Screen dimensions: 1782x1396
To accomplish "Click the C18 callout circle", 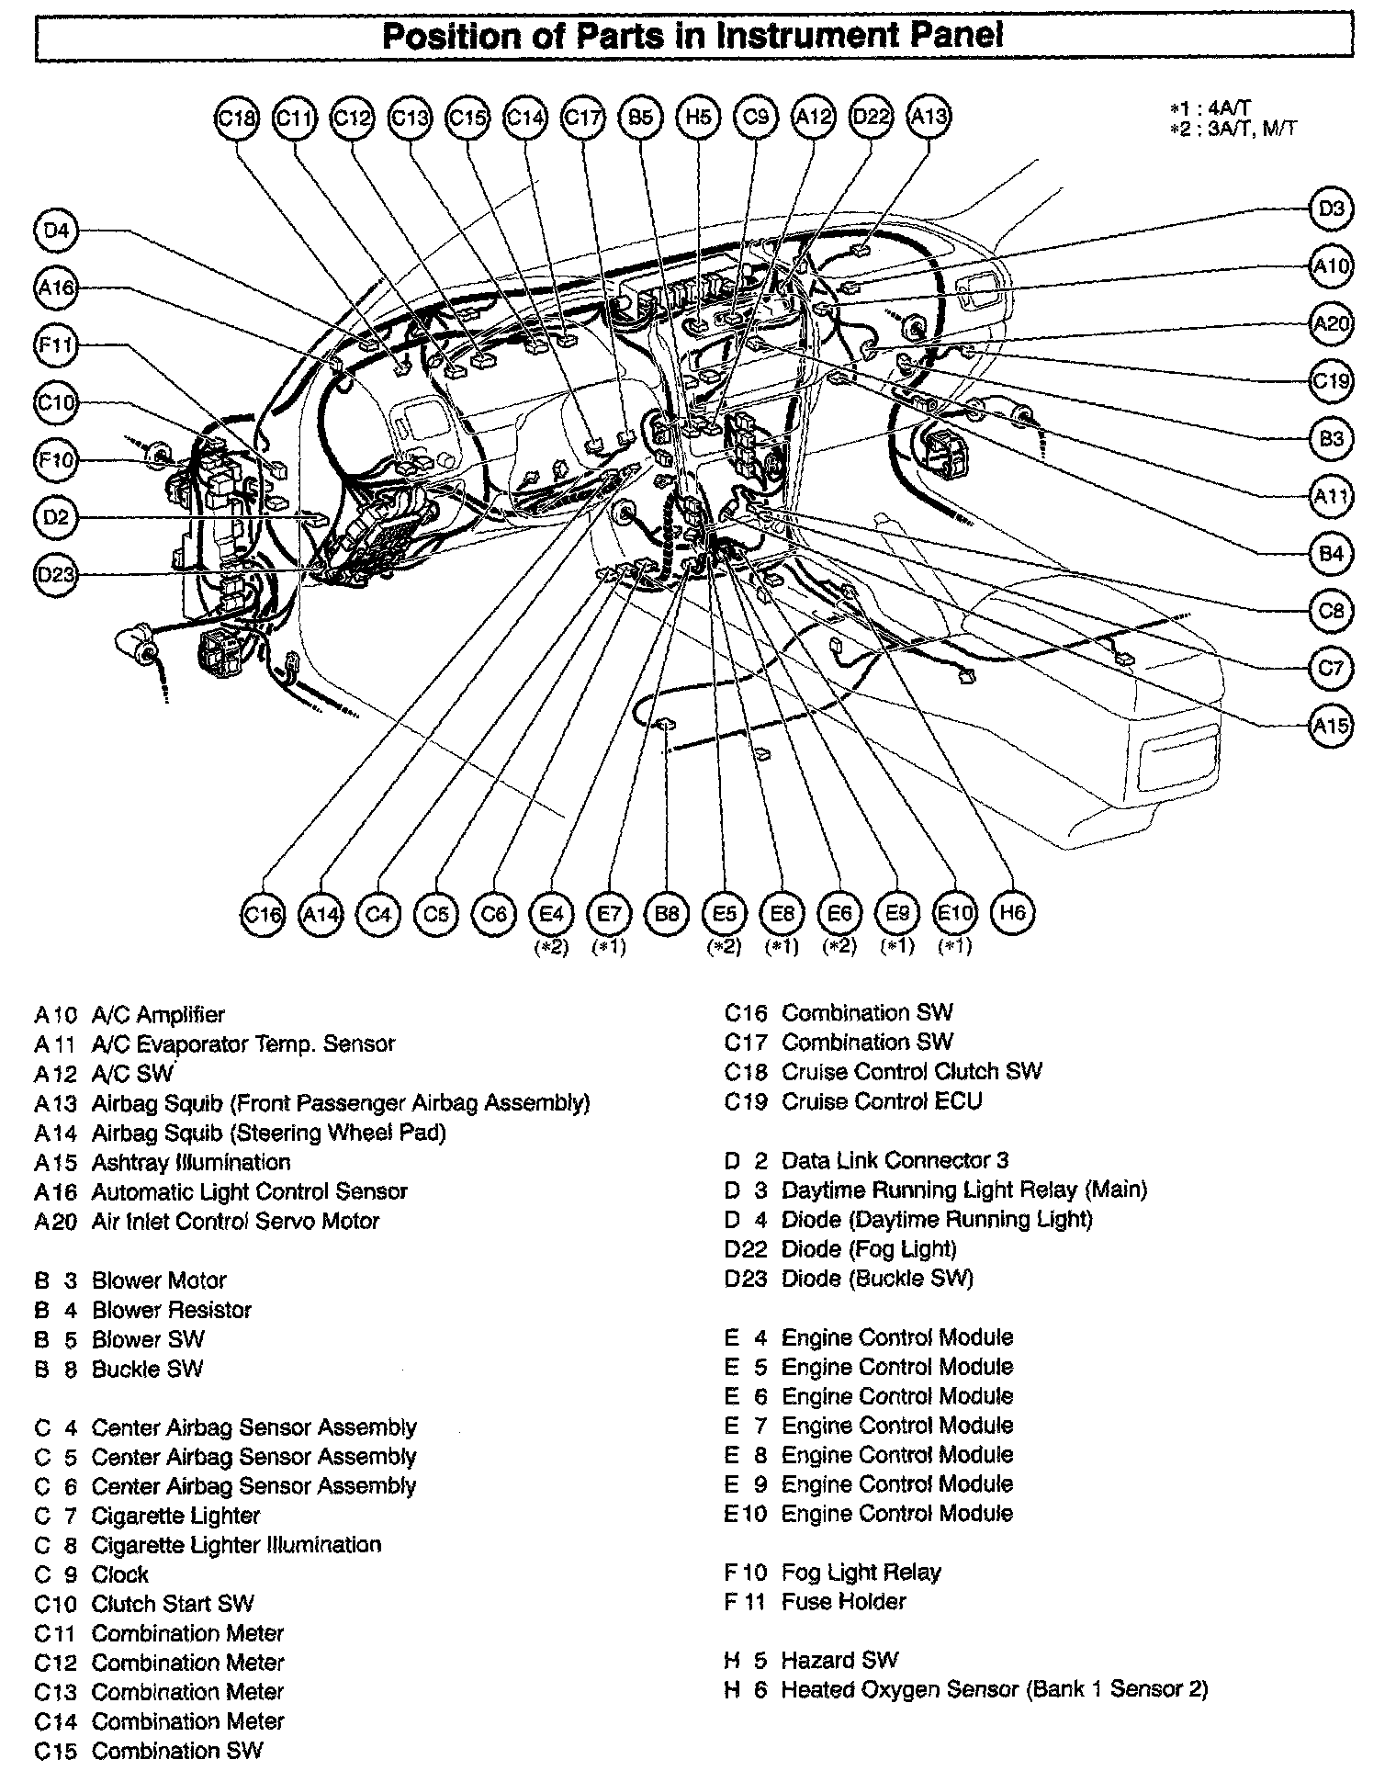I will (x=237, y=118).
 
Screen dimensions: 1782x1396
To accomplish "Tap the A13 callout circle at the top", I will (x=928, y=118).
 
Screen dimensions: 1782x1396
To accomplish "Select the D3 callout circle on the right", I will (x=1331, y=209).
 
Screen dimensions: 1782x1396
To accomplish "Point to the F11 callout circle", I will (x=56, y=345).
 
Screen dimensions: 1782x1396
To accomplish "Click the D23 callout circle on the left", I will (x=56, y=575).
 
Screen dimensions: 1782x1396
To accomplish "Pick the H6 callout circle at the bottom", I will (x=1012, y=913).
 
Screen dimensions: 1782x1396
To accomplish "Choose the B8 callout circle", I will (x=667, y=914).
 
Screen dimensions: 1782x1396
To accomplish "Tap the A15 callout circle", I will (x=1331, y=726).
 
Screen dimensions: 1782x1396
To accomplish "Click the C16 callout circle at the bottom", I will (x=263, y=914).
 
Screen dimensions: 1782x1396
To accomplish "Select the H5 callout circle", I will (x=698, y=118).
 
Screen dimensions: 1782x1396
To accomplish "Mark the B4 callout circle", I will (x=1331, y=554).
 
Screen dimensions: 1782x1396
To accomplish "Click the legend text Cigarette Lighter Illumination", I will (x=236, y=1544).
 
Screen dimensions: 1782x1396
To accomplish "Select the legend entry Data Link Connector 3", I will (x=895, y=1160).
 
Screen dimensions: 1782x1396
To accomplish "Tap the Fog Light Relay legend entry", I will (x=861, y=1572).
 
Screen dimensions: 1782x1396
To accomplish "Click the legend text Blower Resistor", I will (x=172, y=1309).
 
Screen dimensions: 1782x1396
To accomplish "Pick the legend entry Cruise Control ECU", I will (x=882, y=1100).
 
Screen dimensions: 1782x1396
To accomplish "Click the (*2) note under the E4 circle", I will (x=552, y=946).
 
